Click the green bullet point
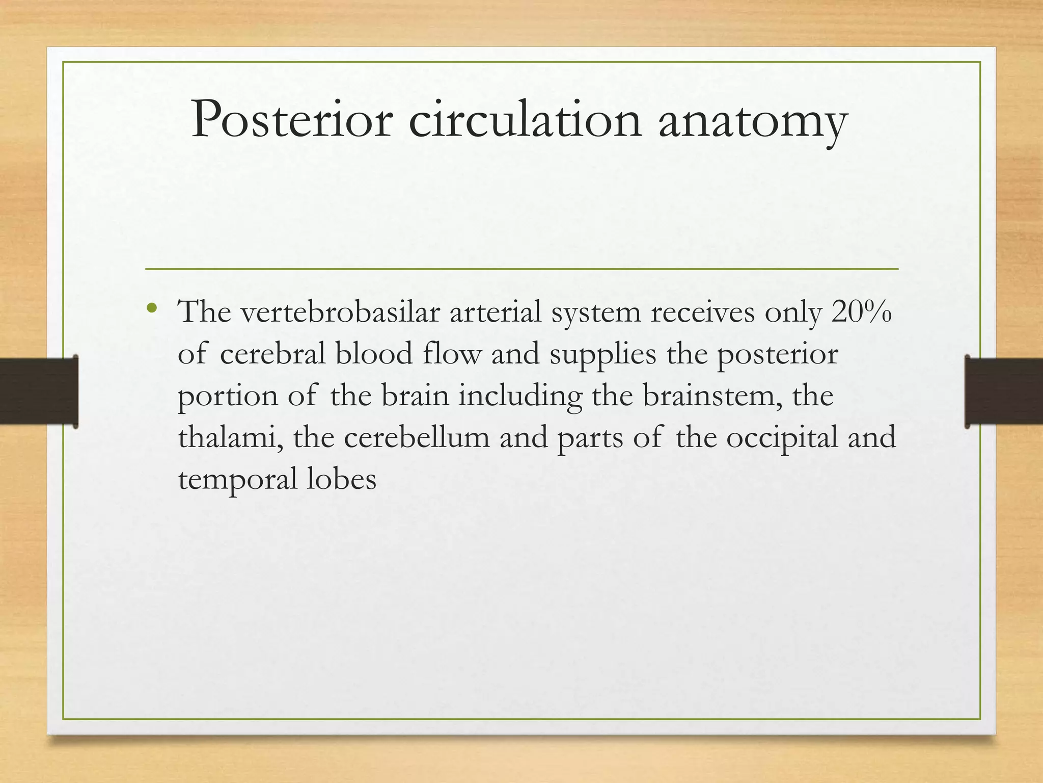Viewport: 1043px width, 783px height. coord(151,308)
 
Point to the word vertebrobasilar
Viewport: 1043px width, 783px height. coord(340,312)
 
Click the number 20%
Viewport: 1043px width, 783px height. coord(861,312)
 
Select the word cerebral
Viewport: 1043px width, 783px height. coord(272,354)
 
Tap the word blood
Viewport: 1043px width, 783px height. coord(374,354)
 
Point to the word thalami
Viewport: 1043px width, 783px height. coord(230,437)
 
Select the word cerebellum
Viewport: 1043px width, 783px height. coord(417,437)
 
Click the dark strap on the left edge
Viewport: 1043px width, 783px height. coord(39,391)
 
